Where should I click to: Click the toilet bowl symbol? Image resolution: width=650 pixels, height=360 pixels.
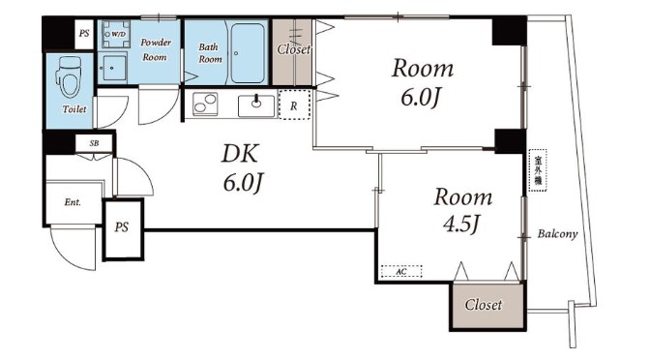point(68,76)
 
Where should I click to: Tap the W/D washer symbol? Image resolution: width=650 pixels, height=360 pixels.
point(116,34)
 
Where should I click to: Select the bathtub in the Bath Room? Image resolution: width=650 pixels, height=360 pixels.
point(248,52)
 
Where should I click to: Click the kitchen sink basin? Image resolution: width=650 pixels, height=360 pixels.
point(256,106)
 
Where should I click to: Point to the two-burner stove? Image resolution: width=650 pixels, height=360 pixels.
point(205,104)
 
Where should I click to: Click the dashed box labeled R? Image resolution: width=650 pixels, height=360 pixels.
point(294,105)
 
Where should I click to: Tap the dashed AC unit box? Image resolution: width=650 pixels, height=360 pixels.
point(401,271)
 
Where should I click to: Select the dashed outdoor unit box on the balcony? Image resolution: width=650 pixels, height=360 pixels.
point(538,170)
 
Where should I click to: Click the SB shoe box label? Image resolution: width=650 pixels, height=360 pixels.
point(94,143)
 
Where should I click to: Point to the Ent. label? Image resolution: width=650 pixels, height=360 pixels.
point(73,202)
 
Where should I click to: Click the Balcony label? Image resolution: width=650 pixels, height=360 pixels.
point(557,234)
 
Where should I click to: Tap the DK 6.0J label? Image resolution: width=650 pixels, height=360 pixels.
point(242,168)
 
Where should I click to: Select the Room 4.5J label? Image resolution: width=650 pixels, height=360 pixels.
point(462,210)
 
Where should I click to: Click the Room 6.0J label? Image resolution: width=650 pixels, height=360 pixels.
point(422,83)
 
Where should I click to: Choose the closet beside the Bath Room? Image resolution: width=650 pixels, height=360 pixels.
point(293,52)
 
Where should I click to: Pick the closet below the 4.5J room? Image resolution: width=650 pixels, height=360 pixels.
point(487,306)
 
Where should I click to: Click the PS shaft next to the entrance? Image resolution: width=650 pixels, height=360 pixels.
point(123,229)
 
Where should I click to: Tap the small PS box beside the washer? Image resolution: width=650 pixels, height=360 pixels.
point(84,34)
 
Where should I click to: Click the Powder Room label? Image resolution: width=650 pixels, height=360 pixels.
point(156,49)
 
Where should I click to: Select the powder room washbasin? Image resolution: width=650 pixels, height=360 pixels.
point(112,68)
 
